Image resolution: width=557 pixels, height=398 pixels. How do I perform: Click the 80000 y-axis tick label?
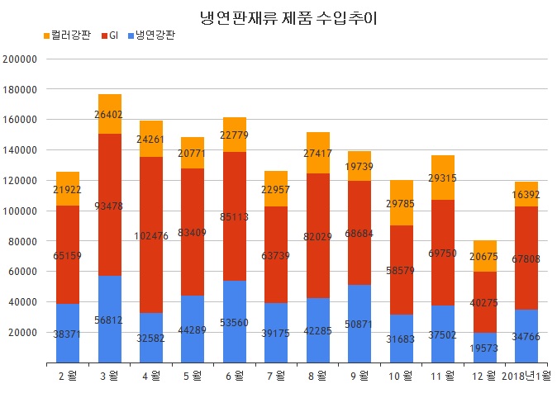[23, 242]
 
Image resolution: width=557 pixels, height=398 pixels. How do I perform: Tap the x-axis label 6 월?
[235, 377]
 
